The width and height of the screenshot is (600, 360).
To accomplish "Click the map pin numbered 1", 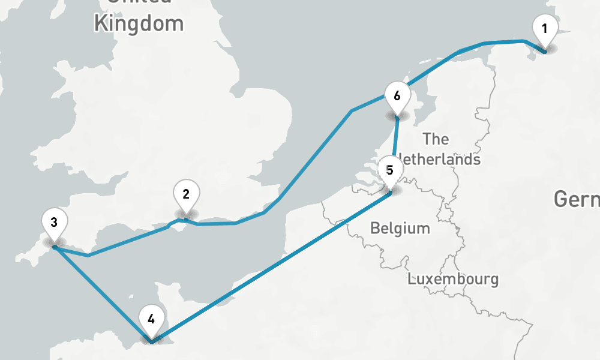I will coord(545,30).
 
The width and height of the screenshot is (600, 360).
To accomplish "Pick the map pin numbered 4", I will coord(151,320).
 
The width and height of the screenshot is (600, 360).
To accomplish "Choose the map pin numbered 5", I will coord(390,171).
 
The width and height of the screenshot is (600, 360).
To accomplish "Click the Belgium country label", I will coord(400,228).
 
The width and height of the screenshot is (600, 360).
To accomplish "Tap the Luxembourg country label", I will coord(452,279).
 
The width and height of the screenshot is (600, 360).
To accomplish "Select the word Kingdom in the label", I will coord(139,23).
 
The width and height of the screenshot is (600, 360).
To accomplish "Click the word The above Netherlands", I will coord(436,139).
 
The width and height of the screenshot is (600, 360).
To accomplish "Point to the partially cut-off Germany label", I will coord(577,199).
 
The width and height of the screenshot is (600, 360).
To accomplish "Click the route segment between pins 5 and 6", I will coord(395,144).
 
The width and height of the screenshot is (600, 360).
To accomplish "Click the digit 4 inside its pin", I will coord(151,319).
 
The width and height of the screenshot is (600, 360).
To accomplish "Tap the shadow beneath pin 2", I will coord(186,214).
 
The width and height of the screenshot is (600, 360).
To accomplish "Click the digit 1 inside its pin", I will coord(545,28).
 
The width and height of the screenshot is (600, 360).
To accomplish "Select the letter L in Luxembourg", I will coord(412,279).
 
